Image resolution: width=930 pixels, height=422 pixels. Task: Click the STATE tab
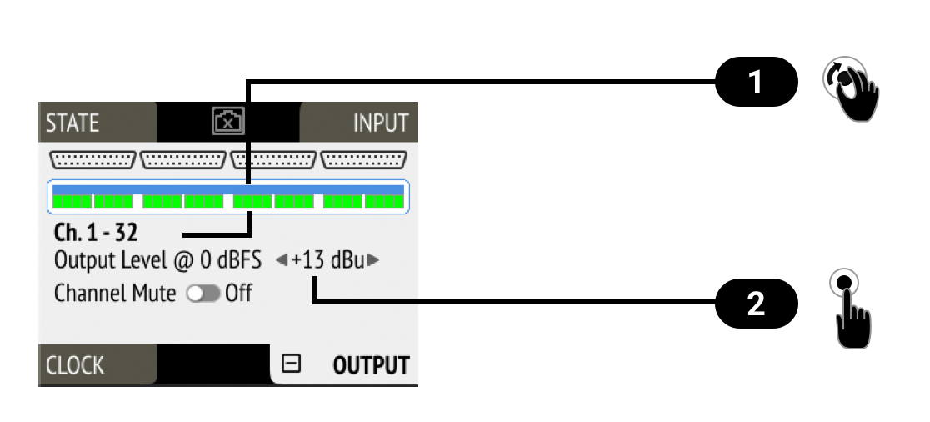click(72, 123)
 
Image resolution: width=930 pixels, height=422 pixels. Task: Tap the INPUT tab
click(381, 123)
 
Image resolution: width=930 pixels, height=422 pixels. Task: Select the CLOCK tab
click(75, 365)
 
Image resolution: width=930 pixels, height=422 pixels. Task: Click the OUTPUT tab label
click(371, 365)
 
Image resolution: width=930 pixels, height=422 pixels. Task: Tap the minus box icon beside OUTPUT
click(291, 364)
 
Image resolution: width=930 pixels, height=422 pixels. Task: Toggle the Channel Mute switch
click(203, 294)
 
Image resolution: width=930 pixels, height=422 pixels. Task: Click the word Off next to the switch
click(238, 294)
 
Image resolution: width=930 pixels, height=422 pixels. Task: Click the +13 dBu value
click(327, 260)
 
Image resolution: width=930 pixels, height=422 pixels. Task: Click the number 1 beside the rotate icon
click(755, 83)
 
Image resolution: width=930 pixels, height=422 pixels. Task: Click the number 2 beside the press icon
click(755, 304)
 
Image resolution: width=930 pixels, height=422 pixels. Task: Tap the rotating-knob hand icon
click(851, 89)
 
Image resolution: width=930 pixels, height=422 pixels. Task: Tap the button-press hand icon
click(851, 308)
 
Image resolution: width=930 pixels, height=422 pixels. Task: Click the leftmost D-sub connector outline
click(93, 159)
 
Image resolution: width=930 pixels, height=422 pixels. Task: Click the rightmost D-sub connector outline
click(364, 159)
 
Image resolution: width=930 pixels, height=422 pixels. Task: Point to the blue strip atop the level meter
click(227, 190)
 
